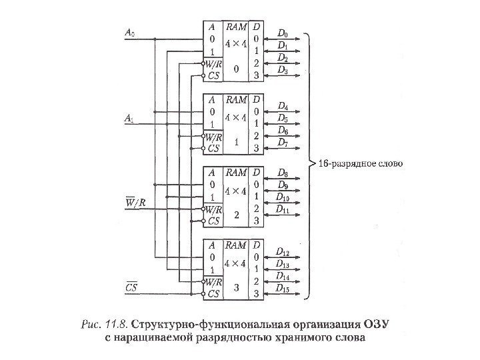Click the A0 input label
pos(129,31)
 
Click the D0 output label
pos(283,33)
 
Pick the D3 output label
pos(283,69)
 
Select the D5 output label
pos(283,118)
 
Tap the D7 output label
pos(283,142)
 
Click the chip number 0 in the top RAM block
pos(235,69)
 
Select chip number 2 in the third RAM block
pos(235,214)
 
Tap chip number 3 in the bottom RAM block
pos(235,287)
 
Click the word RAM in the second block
pos(235,100)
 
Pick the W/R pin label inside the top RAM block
pos(213,64)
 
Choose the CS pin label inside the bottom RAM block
pos(213,293)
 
